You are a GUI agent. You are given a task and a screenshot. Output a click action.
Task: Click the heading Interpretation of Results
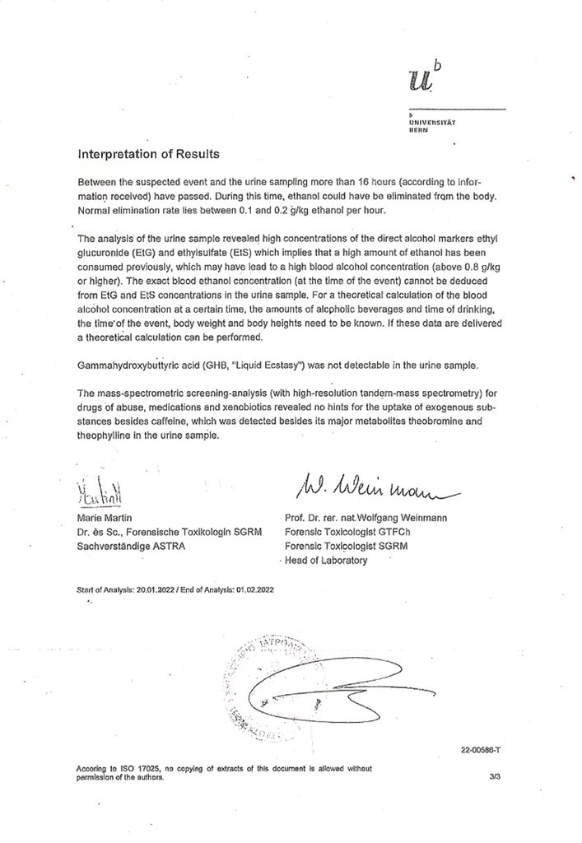click(147, 153)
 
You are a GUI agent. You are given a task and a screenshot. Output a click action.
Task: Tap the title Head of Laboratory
click(326, 561)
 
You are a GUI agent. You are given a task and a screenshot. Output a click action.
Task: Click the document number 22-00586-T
click(482, 748)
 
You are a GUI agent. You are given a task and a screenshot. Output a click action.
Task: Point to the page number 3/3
click(494, 775)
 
